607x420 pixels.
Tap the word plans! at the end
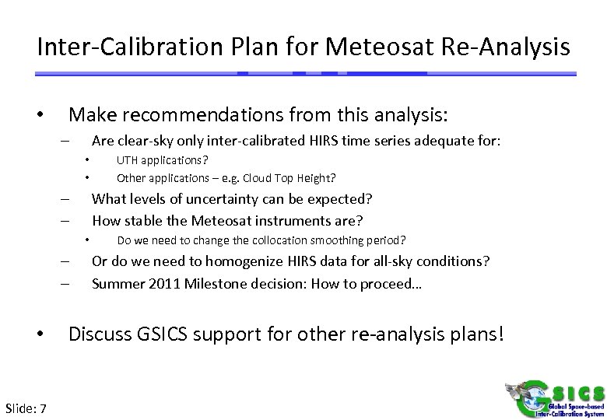pos(482,335)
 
